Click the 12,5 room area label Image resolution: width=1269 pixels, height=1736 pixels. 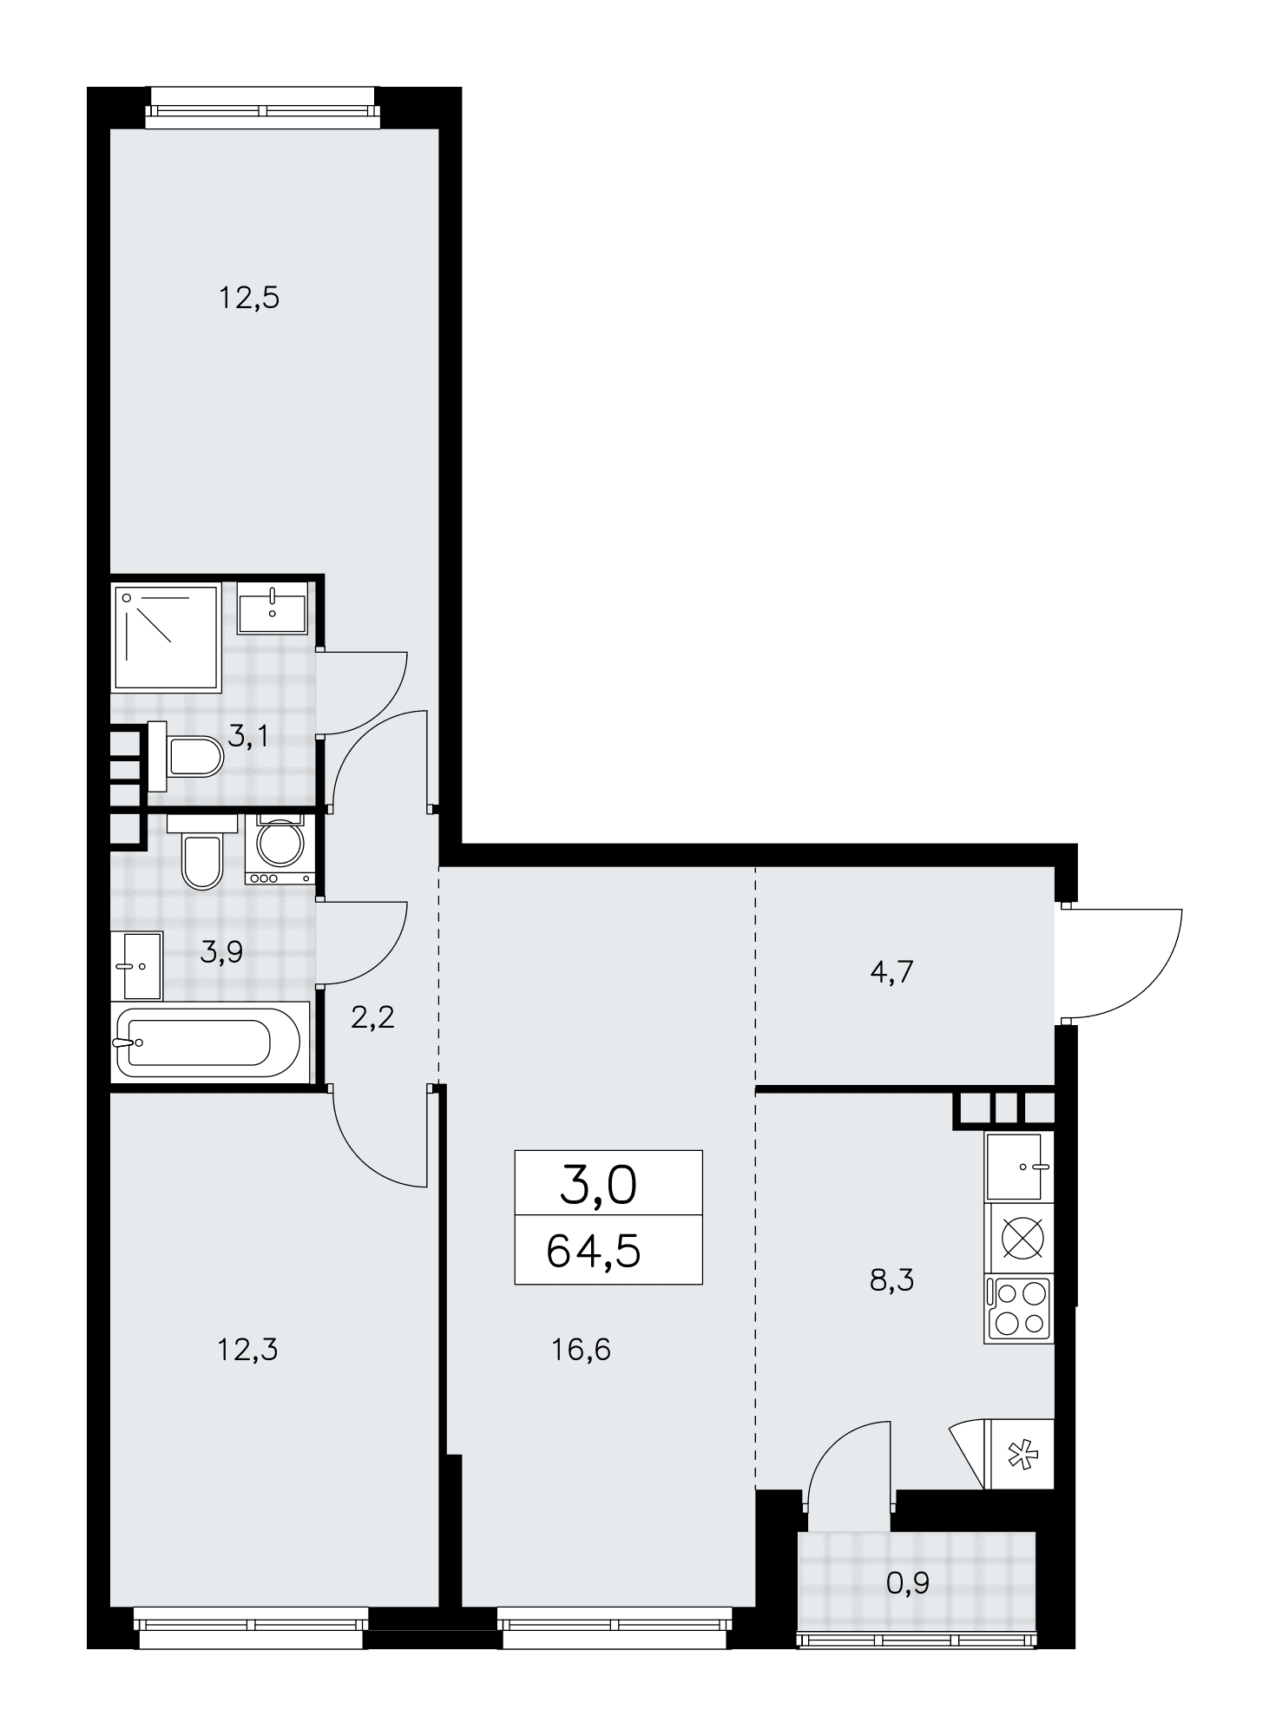point(248,299)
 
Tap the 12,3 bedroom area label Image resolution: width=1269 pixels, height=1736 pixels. point(248,1350)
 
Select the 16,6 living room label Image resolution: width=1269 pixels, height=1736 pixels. point(581,1350)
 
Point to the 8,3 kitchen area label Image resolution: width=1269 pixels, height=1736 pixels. point(891,1279)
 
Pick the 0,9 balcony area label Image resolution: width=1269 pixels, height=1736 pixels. point(907,1584)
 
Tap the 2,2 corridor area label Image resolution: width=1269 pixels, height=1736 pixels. point(372,1016)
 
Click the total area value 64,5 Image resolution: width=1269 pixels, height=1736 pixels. point(594,1252)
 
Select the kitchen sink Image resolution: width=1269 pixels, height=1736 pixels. point(1017,1167)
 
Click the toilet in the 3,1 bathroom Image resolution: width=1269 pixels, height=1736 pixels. point(186,756)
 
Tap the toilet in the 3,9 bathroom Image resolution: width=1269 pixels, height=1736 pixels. point(201,852)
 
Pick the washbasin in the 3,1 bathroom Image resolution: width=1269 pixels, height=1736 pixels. point(273,608)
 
